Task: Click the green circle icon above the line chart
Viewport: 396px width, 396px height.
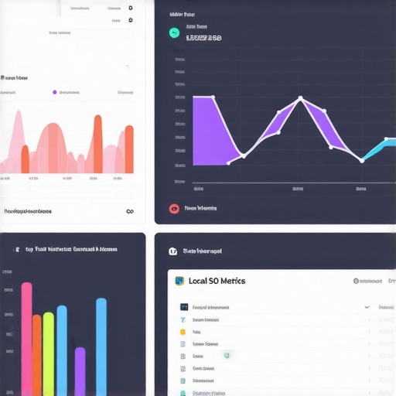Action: pyautogui.click(x=174, y=33)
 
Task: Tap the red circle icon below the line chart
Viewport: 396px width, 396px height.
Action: pyautogui.click(x=174, y=208)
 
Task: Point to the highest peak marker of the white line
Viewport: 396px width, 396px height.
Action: pyautogui.click(x=300, y=98)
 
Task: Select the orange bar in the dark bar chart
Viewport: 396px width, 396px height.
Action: pyautogui.click(x=36, y=354)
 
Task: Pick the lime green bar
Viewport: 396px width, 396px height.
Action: pyautogui.click(x=48, y=353)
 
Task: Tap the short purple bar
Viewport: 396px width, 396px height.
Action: pyautogui.click(x=80, y=371)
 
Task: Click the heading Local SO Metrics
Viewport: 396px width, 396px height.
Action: pyautogui.click(x=217, y=281)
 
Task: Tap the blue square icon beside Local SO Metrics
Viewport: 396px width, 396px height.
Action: pyautogui.click(x=179, y=281)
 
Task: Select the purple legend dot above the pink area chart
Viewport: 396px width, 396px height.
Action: pyautogui.click(x=54, y=92)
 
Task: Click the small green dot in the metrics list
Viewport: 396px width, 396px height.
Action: pyautogui.click(x=227, y=355)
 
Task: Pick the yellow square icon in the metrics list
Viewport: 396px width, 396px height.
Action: pyautogui.click(x=183, y=332)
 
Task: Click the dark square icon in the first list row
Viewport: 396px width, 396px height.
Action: pyautogui.click(x=183, y=307)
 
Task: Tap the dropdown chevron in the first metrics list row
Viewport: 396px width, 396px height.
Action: pyautogui.click(x=367, y=307)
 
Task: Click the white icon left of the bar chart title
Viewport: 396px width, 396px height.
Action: pyautogui.click(x=16, y=250)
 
